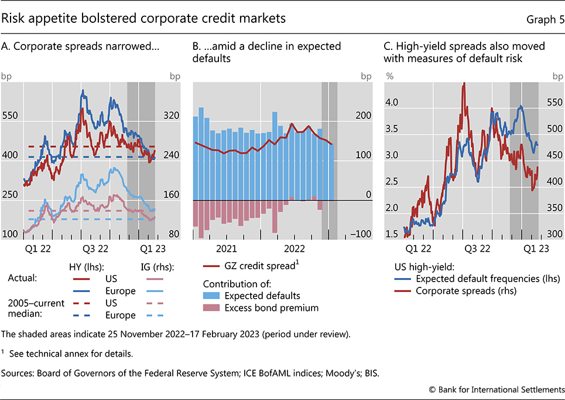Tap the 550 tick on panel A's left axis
tap(11, 116)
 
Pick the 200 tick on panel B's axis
tap(364, 116)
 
